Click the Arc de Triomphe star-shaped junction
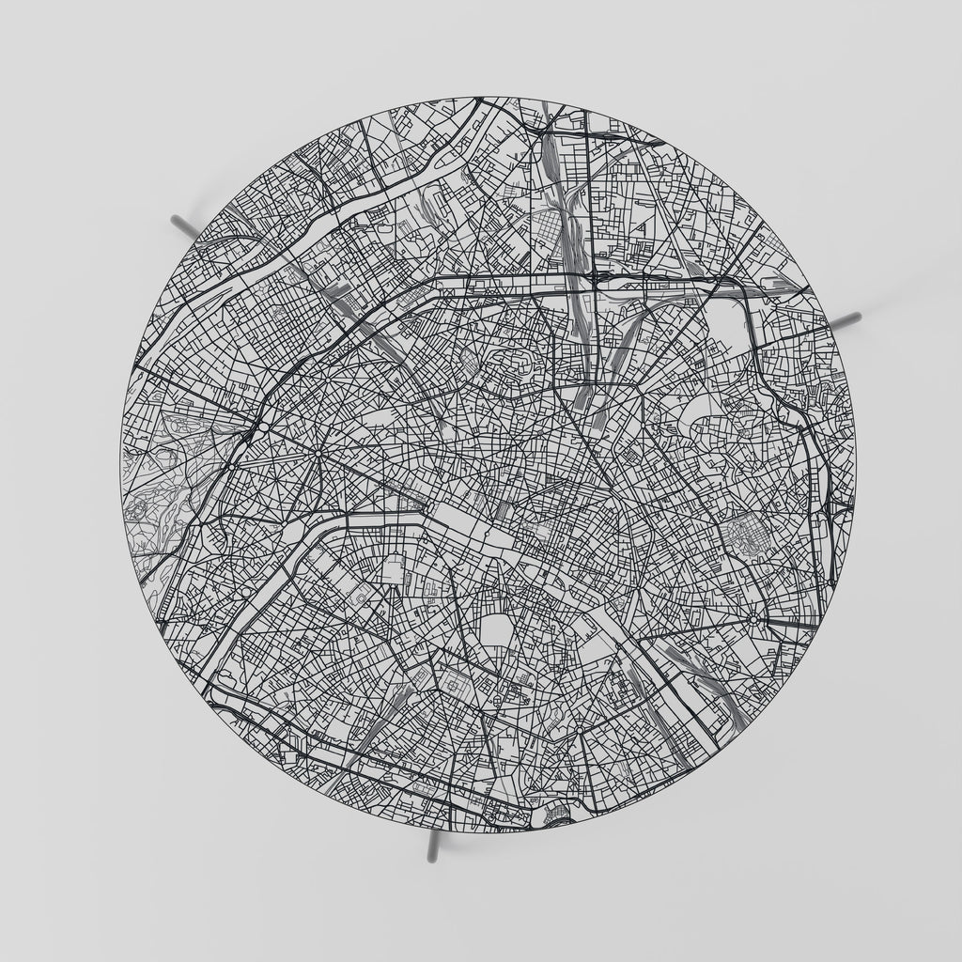tap(318, 454)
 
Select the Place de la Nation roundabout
tap(753, 619)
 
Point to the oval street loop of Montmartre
tap(507, 361)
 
